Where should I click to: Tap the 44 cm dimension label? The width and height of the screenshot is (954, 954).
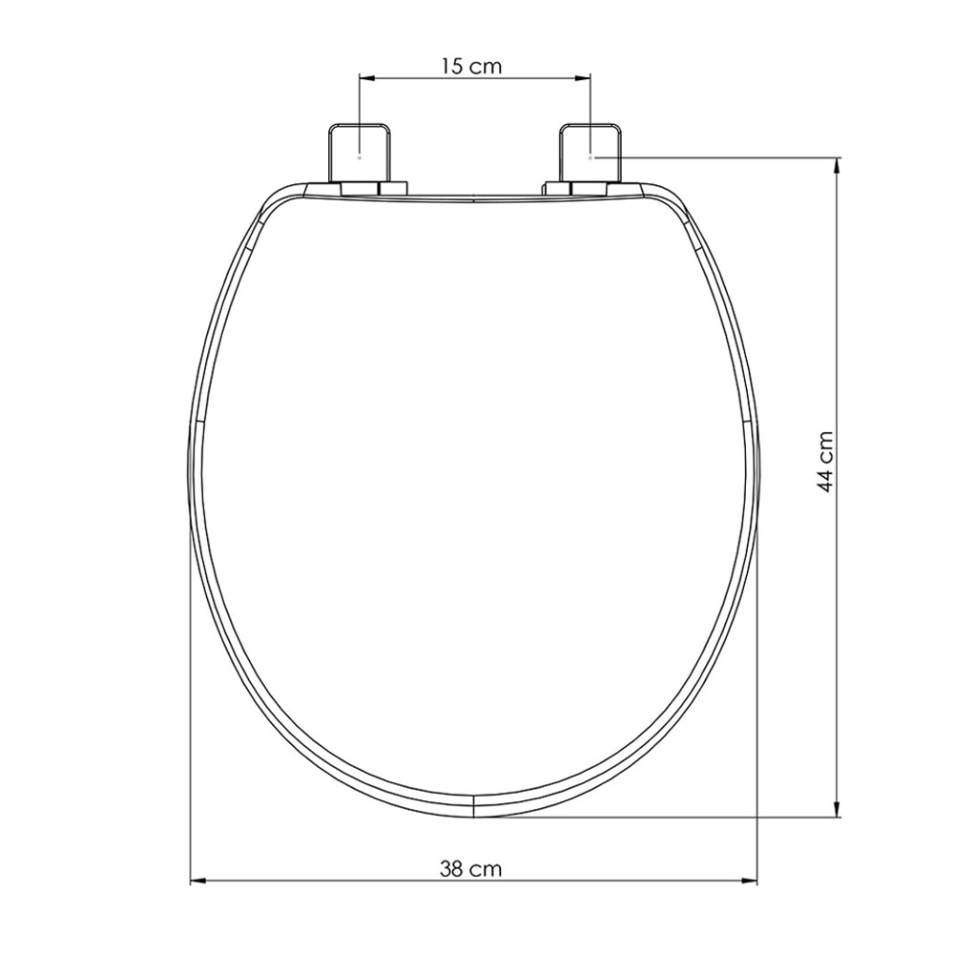click(x=826, y=461)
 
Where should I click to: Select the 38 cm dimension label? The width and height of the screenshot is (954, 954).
click(x=470, y=869)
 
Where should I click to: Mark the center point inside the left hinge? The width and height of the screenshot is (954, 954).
click(x=359, y=155)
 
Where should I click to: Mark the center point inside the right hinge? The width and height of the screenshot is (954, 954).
click(x=591, y=156)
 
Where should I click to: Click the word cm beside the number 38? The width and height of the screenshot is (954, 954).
click(x=486, y=869)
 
